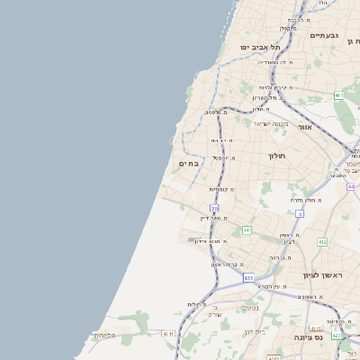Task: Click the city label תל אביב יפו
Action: [260, 47]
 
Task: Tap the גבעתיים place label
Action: [324, 35]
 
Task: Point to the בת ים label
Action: [188, 164]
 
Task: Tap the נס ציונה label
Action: [308, 337]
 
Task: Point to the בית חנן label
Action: [255, 332]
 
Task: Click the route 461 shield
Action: [338, 94]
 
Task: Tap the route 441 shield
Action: [247, 230]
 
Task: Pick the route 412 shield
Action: [322, 242]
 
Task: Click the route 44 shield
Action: [352, 186]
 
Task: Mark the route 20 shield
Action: [215, 208]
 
